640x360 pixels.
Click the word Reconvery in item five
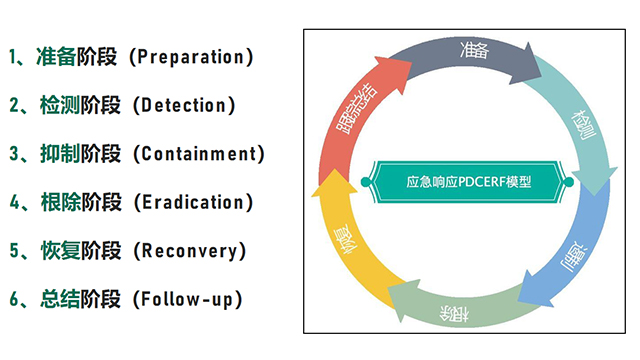tap(189, 250)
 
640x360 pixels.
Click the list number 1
tap(14, 57)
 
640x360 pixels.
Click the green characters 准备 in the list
tap(58, 57)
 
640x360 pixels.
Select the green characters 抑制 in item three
tap(58, 154)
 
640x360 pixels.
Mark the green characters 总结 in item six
tap(58, 299)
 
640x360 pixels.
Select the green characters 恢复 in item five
tap(58, 250)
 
